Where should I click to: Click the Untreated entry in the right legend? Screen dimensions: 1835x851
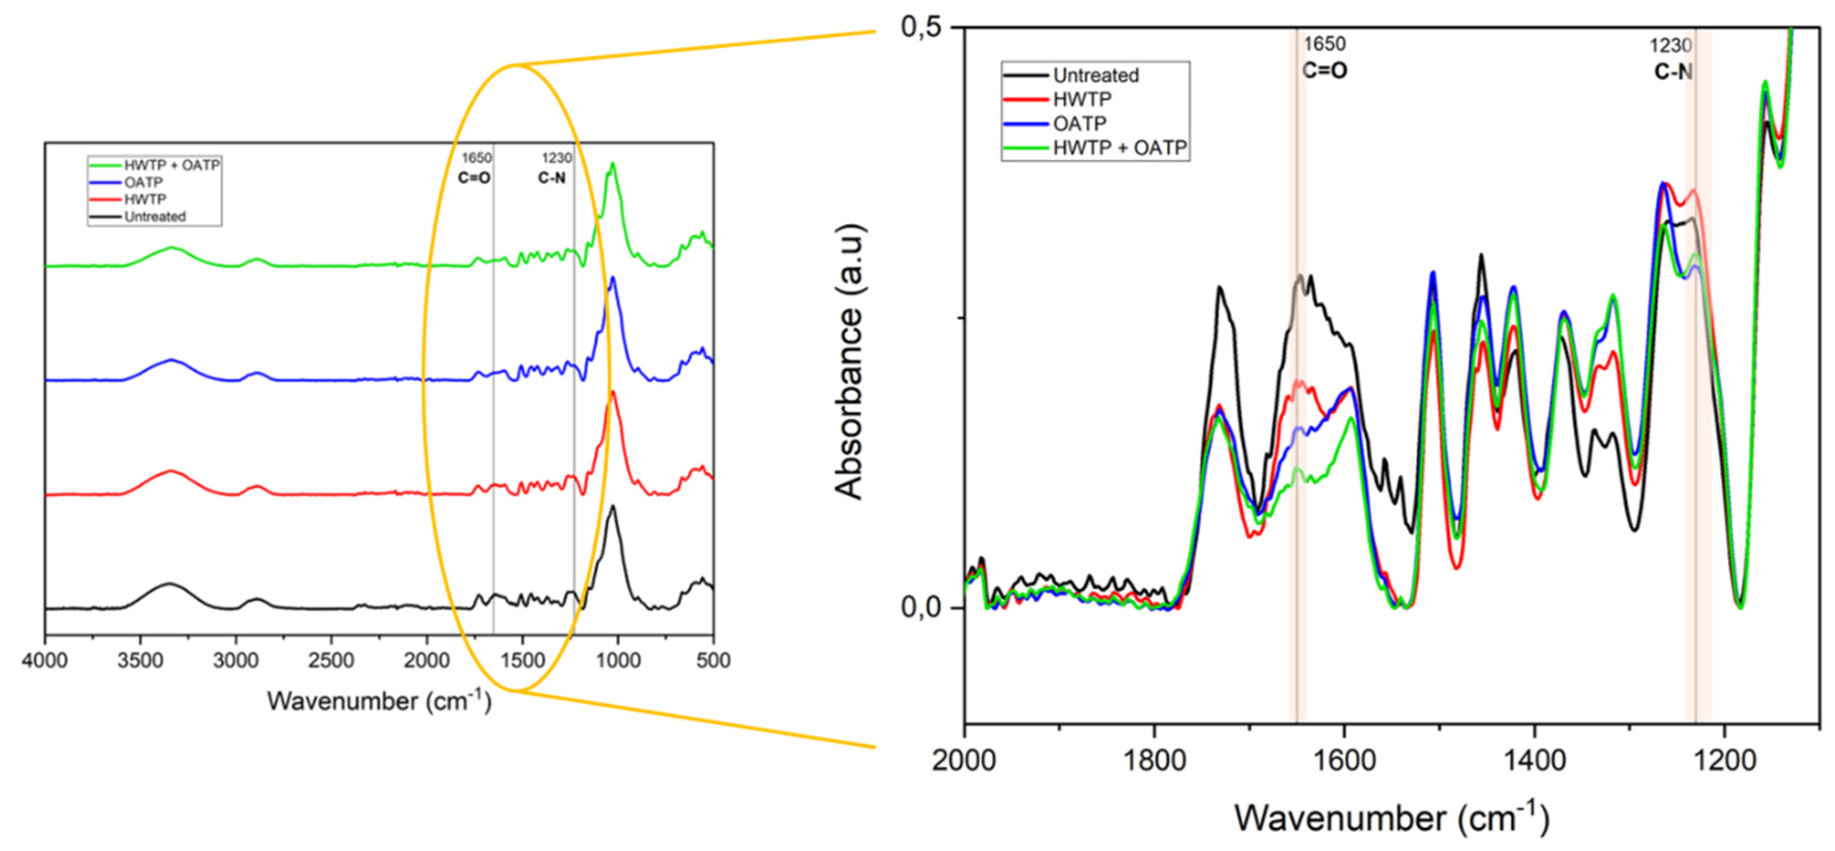click(1096, 75)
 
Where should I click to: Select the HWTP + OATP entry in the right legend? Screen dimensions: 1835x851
click(1120, 147)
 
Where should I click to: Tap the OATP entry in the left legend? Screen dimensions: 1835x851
click(143, 182)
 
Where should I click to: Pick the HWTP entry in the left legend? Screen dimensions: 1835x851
click(145, 199)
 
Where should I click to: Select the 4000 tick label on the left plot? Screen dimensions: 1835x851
click(45, 660)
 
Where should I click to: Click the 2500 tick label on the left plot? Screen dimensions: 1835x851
click(331, 660)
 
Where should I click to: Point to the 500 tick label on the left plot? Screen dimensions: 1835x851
click(713, 660)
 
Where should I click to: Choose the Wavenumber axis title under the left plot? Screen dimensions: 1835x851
click(379, 701)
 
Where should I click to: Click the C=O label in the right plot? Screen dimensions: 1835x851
click(1325, 71)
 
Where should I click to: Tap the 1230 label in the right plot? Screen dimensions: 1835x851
click(1670, 45)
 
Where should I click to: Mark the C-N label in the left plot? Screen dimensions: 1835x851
click(552, 177)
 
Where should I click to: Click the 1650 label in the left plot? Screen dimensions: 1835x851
click(477, 158)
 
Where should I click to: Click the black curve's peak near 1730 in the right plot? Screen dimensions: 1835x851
click(1220, 288)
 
